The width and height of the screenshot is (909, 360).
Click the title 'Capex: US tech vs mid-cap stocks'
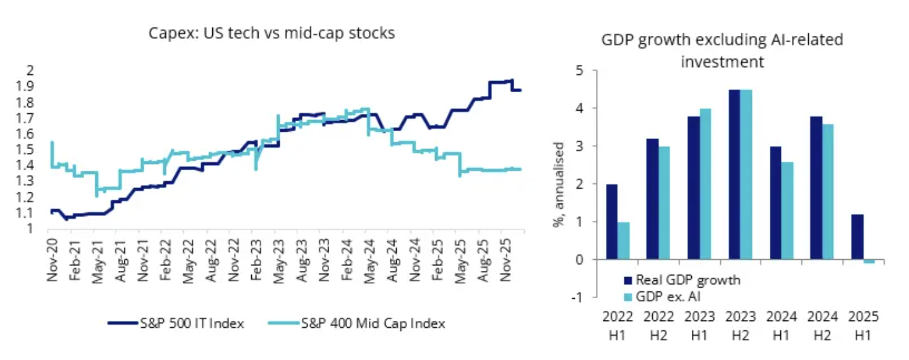[272, 33]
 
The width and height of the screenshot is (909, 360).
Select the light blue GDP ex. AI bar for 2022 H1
[623, 241]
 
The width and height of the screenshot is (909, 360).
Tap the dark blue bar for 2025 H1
[858, 237]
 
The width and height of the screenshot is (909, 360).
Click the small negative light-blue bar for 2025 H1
[869, 262]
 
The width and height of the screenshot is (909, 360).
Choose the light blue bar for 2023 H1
[705, 184]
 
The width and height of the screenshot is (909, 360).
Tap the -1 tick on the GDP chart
[578, 298]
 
